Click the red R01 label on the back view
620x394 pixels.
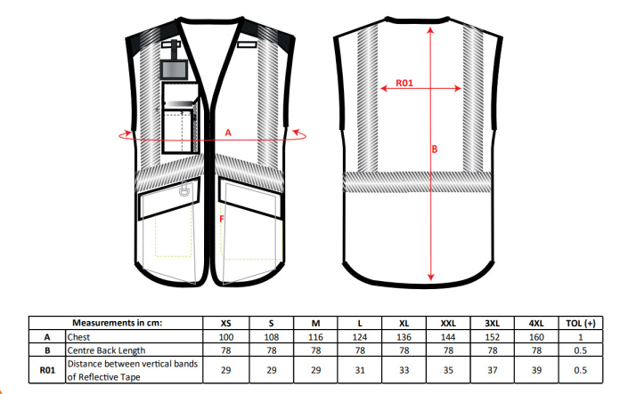pos(404,83)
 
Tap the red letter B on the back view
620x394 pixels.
pos(435,149)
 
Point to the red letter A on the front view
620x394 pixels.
pos(228,133)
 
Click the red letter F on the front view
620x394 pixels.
pos(222,219)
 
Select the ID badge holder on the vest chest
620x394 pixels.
pos(174,70)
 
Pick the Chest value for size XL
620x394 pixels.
pos(404,337)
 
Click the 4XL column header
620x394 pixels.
pos(536,324)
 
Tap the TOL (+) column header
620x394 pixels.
pos(581,324)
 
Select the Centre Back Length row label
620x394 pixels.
pos(106,350)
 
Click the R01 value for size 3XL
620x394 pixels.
pos(493,370)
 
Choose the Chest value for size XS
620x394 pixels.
pos(225,337)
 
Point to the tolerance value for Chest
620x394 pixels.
pos(581,337)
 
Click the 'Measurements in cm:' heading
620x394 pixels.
pos(117,323)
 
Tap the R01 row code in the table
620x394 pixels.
pos(47,370)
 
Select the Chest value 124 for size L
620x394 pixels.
pos(359,337)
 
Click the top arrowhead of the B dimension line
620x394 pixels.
pos(430,30)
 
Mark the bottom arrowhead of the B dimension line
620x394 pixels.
pos(431,277)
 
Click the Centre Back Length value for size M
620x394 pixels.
pos(315,350)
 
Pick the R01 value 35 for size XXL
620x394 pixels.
pos(448,370)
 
